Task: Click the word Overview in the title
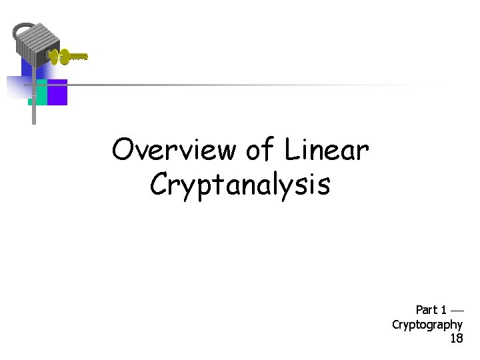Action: coord(174,151)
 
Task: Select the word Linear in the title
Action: coord(327,151)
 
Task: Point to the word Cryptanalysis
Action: coord(240,185)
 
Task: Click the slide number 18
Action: coord(456,339)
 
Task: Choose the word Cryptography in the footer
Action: coord(427,325)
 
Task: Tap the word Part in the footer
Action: coord(427,310)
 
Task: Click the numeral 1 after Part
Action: coord(443,310)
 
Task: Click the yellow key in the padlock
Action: coord(70,57)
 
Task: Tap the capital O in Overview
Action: coord(123,151)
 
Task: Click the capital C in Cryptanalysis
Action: coord(159,185)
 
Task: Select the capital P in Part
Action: coord(419,310)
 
